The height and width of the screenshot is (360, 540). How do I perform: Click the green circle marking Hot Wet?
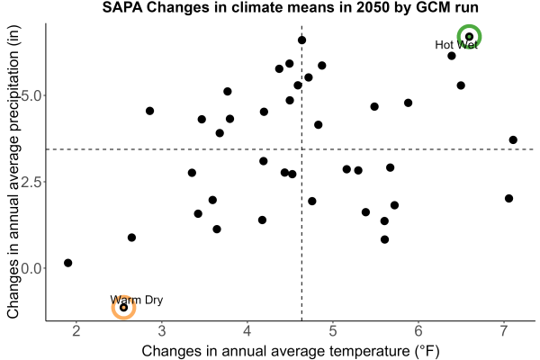[469, 26]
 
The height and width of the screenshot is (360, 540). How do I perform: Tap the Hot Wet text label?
[456, 45]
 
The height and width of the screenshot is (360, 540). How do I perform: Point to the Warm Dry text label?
[137, 300]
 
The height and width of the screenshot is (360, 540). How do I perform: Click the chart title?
[291, 7]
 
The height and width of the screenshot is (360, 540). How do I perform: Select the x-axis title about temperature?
[291, 351]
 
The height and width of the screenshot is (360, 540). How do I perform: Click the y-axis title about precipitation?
[13, 172]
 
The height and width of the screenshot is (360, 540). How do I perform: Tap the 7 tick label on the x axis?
[504, 331]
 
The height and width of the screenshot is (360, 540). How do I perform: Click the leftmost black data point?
[67, 263]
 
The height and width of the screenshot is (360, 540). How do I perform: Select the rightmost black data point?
[513, 139]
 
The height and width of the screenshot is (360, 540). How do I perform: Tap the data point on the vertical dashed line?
[301, 40]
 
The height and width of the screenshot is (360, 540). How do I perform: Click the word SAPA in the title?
[122, 7]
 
